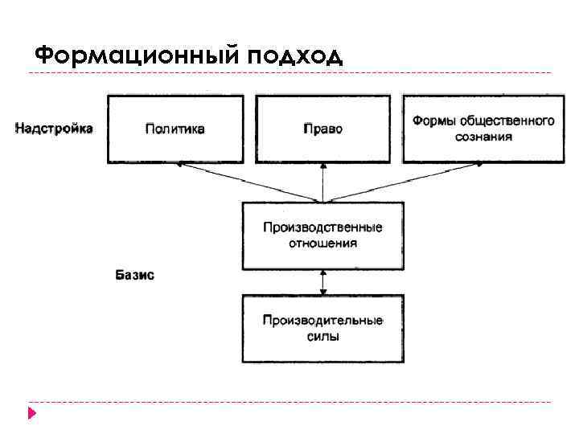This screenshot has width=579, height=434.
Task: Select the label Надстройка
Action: coord(54,128)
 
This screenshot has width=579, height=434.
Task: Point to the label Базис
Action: coord(134,275)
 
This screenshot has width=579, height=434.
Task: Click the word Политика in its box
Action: coord(175,129)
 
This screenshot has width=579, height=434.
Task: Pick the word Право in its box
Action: coord(322,129)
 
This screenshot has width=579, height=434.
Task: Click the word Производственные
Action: coord(322,227)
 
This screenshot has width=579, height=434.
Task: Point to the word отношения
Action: coord(322,243)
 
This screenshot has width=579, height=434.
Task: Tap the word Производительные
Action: coord(322,321)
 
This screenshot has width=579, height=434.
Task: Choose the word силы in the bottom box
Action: coord(322,336)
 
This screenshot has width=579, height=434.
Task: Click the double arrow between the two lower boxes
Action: coord(322,282)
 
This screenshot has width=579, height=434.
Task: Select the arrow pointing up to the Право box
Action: coord(322,182)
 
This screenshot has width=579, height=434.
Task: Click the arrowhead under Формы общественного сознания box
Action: coord(479,164)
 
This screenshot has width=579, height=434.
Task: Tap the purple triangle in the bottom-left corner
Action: coord(32,415)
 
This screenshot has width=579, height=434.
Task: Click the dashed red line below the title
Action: coord(289,73)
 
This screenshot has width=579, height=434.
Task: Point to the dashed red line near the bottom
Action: coord(289,401)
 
